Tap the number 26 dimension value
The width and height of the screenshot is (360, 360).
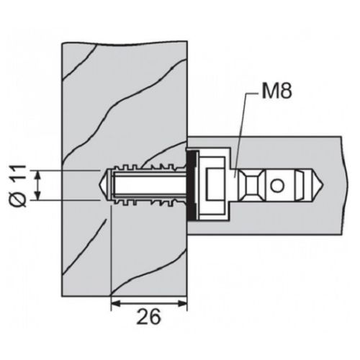pyautogui.click(x=149, y=316)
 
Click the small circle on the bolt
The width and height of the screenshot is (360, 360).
pyautogui.click(x=277, y=186)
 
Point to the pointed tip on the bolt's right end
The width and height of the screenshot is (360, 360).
pyautogui.click(x=322, y=185)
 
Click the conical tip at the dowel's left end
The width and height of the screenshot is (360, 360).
pyautogui.click(x=102, y=185)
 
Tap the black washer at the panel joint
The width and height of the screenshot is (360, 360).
pyautogui.click(x=192, y=184)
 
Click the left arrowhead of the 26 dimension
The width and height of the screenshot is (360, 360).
pyautogui.click(x=116, y=304)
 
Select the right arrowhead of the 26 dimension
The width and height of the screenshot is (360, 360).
pyautogui.click(x=182, y=304)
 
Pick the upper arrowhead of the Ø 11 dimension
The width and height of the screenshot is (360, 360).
pyautogui.click(x=37, y=175)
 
